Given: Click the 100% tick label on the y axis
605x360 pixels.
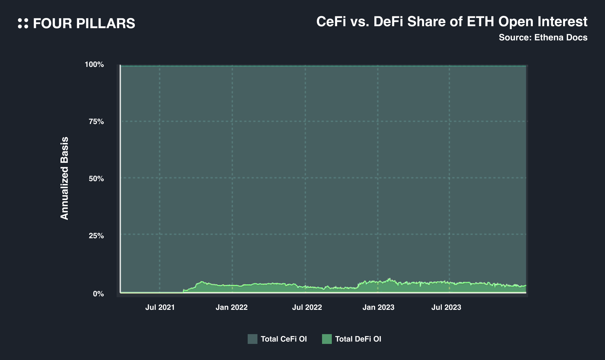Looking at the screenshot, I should point(94,65).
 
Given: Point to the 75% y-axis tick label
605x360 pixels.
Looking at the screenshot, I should point(96,122).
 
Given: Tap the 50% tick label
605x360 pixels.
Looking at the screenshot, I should point(96,179).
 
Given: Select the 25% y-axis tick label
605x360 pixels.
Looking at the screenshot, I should point(96,236).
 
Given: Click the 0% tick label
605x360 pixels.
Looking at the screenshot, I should point(98,294).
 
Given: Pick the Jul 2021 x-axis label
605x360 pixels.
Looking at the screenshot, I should point(160,308).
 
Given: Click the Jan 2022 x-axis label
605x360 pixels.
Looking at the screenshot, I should point(232,308).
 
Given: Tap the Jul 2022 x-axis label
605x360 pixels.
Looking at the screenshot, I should point(307,308).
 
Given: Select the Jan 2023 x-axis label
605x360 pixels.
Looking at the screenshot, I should point(378,308).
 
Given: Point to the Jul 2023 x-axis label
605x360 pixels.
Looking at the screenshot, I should point(446,308).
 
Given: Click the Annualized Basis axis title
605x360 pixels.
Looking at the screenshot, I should point(64,178).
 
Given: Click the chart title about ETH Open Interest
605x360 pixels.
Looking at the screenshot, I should point(452,22).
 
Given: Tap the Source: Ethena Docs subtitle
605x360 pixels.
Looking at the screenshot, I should point(543,38).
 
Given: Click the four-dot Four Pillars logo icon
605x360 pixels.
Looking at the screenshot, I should point(23,23).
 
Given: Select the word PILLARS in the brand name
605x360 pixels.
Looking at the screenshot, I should point(106,24).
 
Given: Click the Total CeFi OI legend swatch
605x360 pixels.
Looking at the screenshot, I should point(252,339).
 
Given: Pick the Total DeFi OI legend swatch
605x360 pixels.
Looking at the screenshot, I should point(327,339).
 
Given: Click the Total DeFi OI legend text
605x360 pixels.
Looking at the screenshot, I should point(358,339).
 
